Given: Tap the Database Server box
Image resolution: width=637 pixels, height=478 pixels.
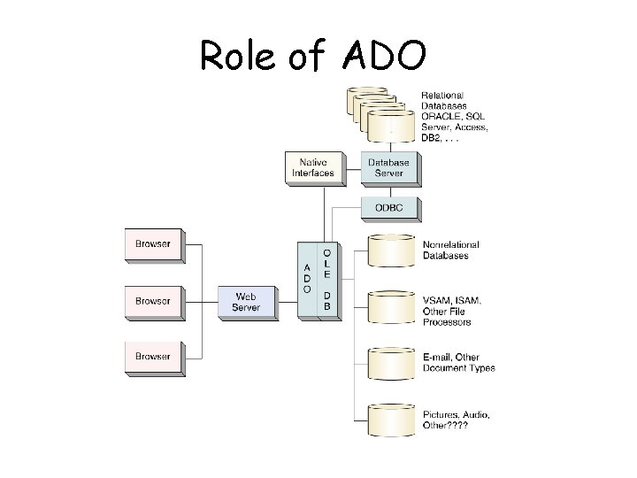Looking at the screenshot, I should [x=389, y=167].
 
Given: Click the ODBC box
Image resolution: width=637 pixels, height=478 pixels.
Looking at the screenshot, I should [x=389, y=208].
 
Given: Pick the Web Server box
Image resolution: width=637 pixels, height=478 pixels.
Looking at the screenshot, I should [x=245, y=301].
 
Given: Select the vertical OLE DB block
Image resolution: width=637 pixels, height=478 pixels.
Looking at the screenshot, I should [x=327, y=279].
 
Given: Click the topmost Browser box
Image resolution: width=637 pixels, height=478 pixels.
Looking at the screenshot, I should [x=152, y=243].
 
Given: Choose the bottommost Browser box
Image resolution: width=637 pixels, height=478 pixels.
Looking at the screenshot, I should [x=152, y=357].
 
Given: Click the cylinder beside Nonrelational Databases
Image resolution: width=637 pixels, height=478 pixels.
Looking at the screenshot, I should [x=389, y=252].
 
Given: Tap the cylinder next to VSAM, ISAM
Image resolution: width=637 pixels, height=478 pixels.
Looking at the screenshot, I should [x=389, y=307].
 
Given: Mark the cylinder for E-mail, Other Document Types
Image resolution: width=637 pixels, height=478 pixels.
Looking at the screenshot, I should [x=389, y=364].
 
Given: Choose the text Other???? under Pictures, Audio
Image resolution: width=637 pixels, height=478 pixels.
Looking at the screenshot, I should [x=446, y=426].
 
